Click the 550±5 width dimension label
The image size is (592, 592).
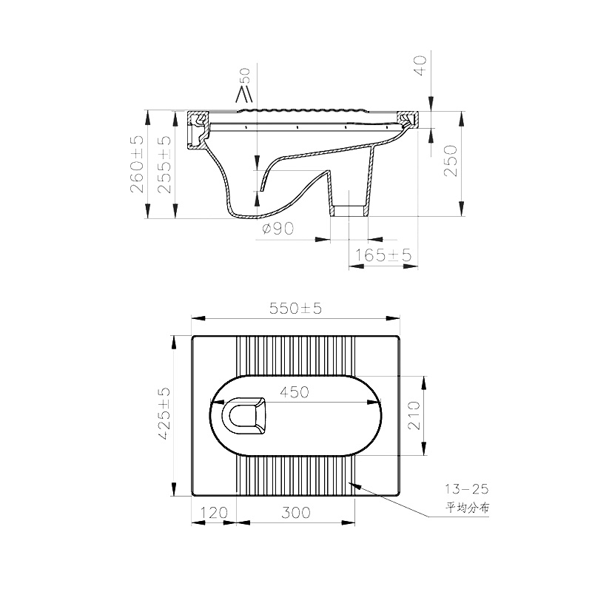coord(295,309)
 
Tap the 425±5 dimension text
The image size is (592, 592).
coord(164,414)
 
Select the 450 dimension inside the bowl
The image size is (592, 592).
coord(295,392)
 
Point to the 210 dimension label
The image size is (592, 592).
coord(414,415)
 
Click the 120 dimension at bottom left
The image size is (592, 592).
coord(214,513)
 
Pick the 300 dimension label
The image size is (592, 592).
coord(296,513)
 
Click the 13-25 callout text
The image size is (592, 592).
coord(467,489)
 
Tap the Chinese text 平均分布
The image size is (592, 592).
coord(468,508)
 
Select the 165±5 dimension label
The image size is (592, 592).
coord(383,255)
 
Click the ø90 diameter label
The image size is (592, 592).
coord(278,228)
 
